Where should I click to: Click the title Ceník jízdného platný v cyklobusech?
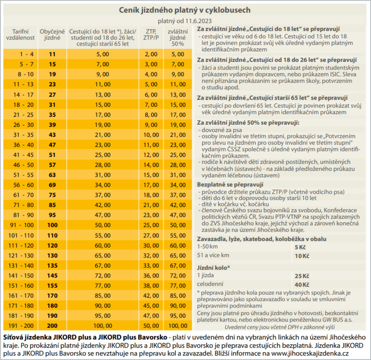coord(185,10)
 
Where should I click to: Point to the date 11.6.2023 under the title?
coord(198,21)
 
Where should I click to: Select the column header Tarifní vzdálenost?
coord(20,34)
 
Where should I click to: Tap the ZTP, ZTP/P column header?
coord(151,34)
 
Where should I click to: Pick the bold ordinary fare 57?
coord(52,165)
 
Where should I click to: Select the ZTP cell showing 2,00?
coord(151,54)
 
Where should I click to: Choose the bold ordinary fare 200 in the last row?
coord(52,326)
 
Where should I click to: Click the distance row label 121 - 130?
coord(21,256)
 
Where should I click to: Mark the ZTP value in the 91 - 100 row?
coord(151,225)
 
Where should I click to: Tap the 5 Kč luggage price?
coord(300,247)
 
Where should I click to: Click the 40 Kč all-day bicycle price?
coord(302,285)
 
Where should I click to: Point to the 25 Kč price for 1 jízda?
coord(302,276)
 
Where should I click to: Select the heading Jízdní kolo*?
coord(213,268)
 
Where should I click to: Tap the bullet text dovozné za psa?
coord(222,130)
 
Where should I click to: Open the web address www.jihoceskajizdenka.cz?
coord(310,354)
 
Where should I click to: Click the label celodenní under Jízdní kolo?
coord(210,284)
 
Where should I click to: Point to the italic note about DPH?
coord(280,327)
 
